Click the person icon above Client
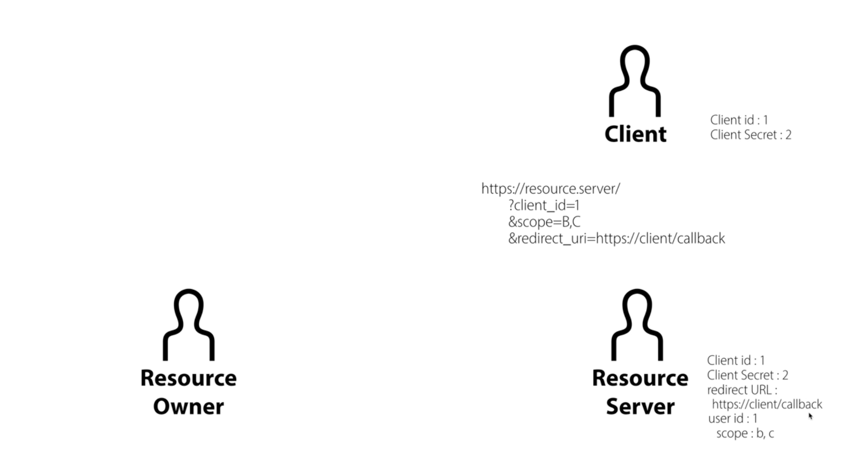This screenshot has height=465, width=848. [634, 81]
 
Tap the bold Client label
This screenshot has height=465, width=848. [635, 134]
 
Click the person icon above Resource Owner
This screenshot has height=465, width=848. [188, 325]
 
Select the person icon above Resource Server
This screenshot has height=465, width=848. [637, 325]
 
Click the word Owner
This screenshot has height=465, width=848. [188, 406]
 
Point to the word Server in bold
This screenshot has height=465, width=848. [640, 406]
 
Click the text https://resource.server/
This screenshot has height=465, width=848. [551, 188]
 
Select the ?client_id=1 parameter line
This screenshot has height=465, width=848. [544, 205]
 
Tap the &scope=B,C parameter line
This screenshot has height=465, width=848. [544, 222]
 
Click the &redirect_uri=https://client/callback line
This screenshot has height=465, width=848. [617, 239]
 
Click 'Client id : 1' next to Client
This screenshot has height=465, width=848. [739, 120]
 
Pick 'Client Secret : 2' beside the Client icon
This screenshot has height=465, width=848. [751, 134]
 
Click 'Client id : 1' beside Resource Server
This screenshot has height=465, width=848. [736, 360]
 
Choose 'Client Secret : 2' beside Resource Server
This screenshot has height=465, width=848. [748, 375]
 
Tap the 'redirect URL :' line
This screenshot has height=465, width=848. [743, 390]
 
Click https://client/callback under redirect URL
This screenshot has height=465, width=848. [767, 404]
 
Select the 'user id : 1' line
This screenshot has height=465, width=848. [733, 418]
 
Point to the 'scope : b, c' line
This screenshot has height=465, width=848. [745, 433]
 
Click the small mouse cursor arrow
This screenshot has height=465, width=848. [810, 416]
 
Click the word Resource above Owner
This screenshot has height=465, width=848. [188, 378]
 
